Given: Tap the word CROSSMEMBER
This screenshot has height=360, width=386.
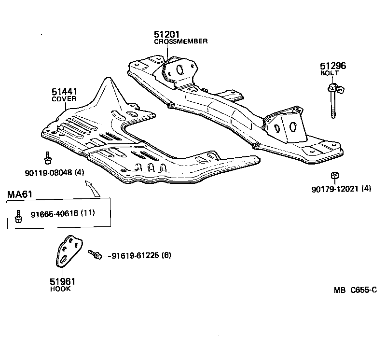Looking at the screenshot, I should pyautogui.click(x=181, y=42).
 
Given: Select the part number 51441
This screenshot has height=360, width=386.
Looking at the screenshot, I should pyautogui.click(x=64, y=91).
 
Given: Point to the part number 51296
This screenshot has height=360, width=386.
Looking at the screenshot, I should pyautogui.click(x=333, y=66).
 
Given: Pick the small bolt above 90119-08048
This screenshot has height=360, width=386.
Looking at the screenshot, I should pyautogui.click(x=47, y=158).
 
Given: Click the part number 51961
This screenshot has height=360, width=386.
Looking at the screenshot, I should pyautogui.click(x=62, y=281).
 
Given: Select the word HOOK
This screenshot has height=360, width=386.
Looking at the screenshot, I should pyautogui.click(x=60, y=289).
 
